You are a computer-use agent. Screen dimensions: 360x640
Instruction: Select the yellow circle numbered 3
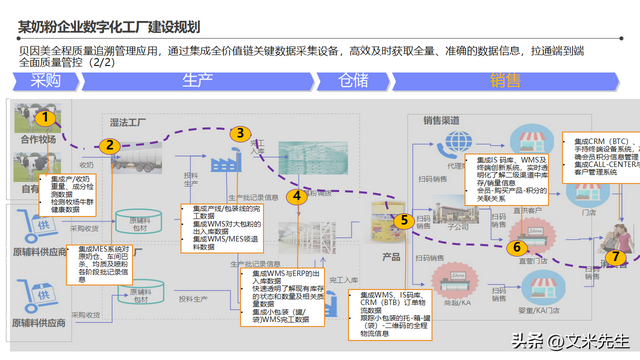(x=239, y=133)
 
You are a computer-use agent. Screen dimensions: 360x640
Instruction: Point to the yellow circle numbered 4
(x=297, y=197)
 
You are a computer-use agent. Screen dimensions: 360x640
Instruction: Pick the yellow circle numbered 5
(x=404, y=220)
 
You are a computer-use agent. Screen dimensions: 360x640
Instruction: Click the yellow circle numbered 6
(x=517, y=246)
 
